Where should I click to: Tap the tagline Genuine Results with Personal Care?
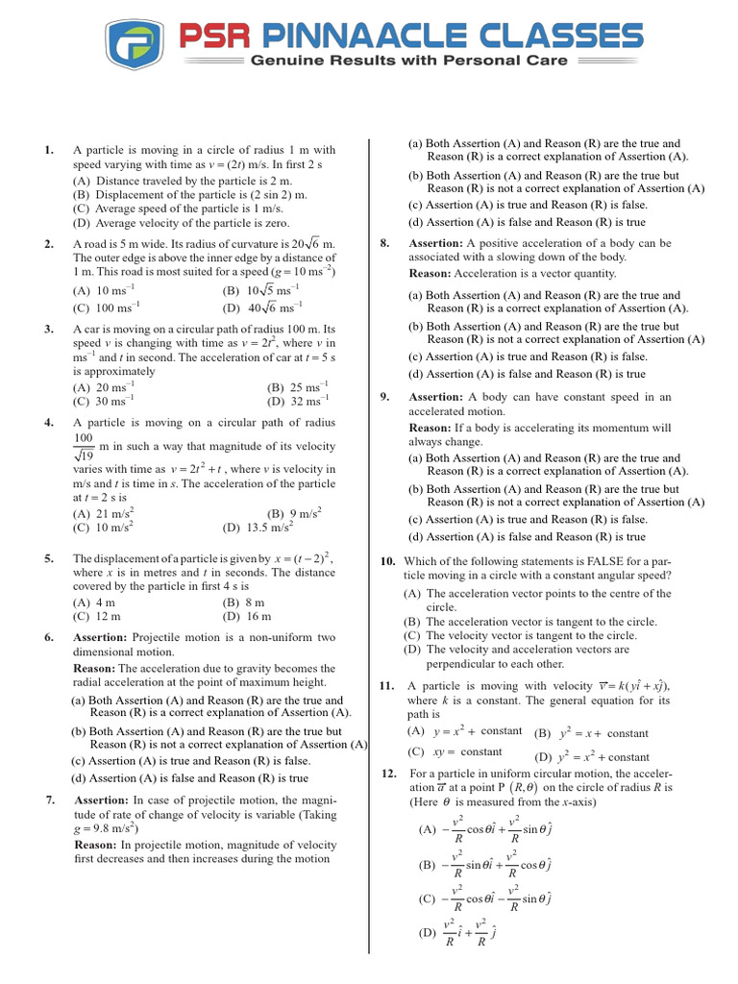click(x=408, y=61)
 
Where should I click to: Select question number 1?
click(x=48, y=150)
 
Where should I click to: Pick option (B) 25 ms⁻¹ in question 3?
click(x=298, y=388)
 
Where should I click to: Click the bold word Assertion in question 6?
click(x=101, y=637)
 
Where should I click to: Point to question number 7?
click(x=50, y=800)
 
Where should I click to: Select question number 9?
click(x=384, y=397)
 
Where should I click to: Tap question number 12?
click(x=389, y=774)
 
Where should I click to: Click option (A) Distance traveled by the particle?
click(x=182, y=181)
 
